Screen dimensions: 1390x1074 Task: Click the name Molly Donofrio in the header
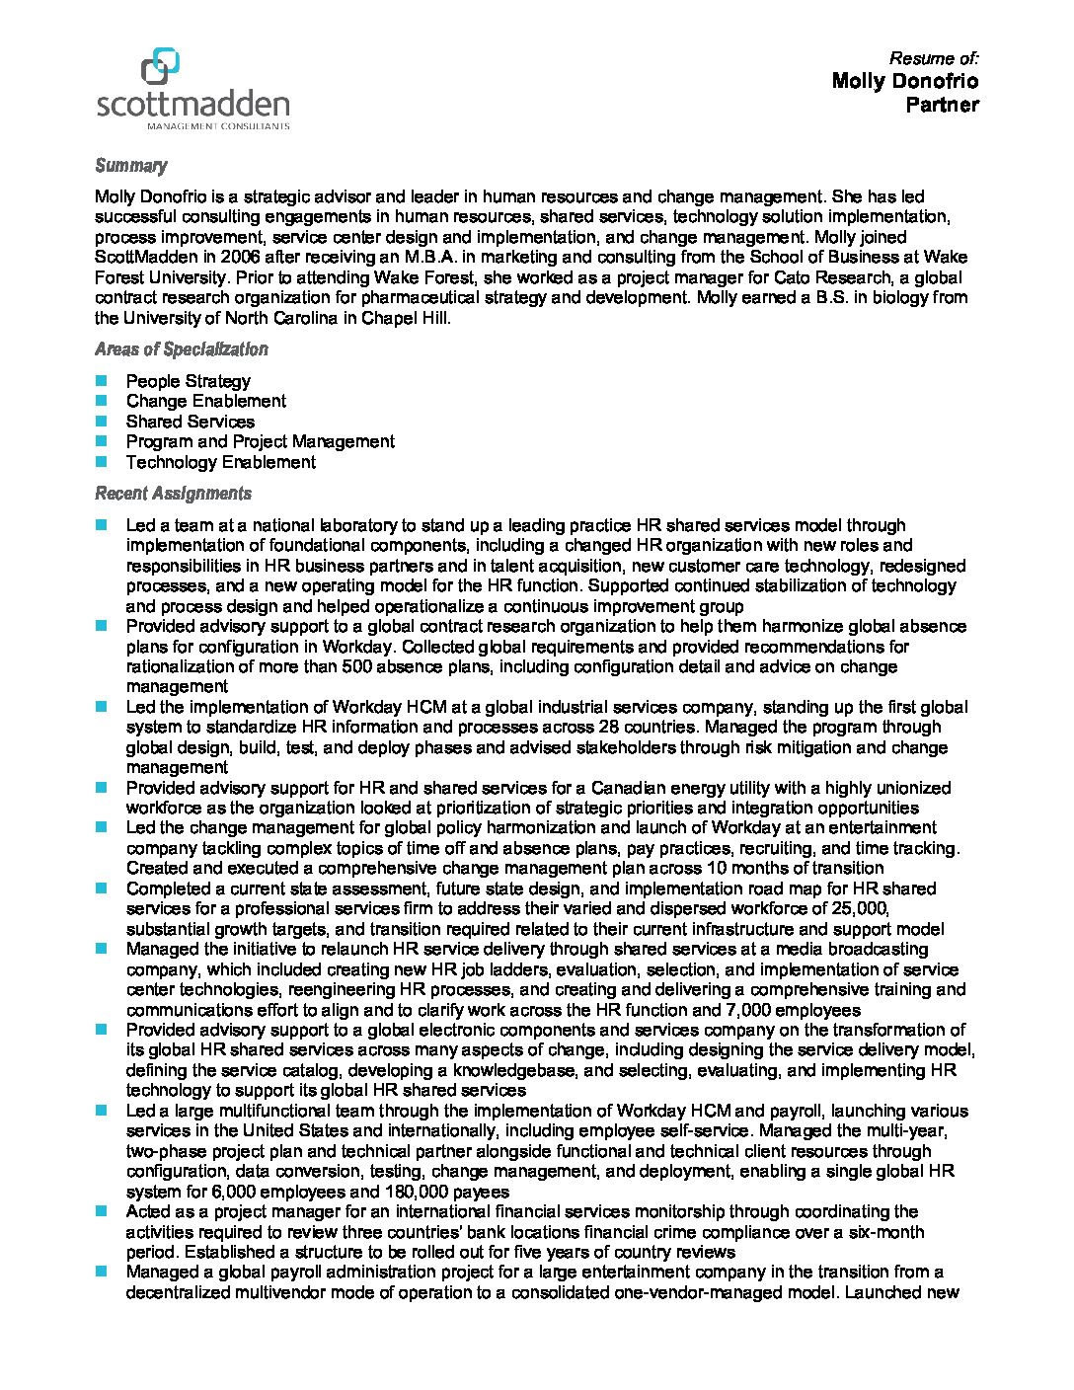tap(904, 81)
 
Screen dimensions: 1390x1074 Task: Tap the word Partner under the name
tap(942, 105)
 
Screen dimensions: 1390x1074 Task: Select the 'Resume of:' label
tap(933, 58)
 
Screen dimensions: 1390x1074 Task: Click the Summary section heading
tap(130, 166)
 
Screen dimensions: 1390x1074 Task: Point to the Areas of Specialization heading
tap(181, 349)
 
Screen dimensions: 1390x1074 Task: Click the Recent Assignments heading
tap(173, 494)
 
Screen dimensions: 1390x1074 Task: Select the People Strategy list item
tap(188, 381)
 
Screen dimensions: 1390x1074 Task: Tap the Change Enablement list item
tap(205, 401)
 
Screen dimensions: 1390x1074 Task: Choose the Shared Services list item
tap(190, 422)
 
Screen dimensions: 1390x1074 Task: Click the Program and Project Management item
tap(260, 441)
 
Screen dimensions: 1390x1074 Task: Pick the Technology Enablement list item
tap(220, 462)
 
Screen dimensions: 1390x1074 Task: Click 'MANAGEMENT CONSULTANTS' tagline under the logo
tap(217, 126)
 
